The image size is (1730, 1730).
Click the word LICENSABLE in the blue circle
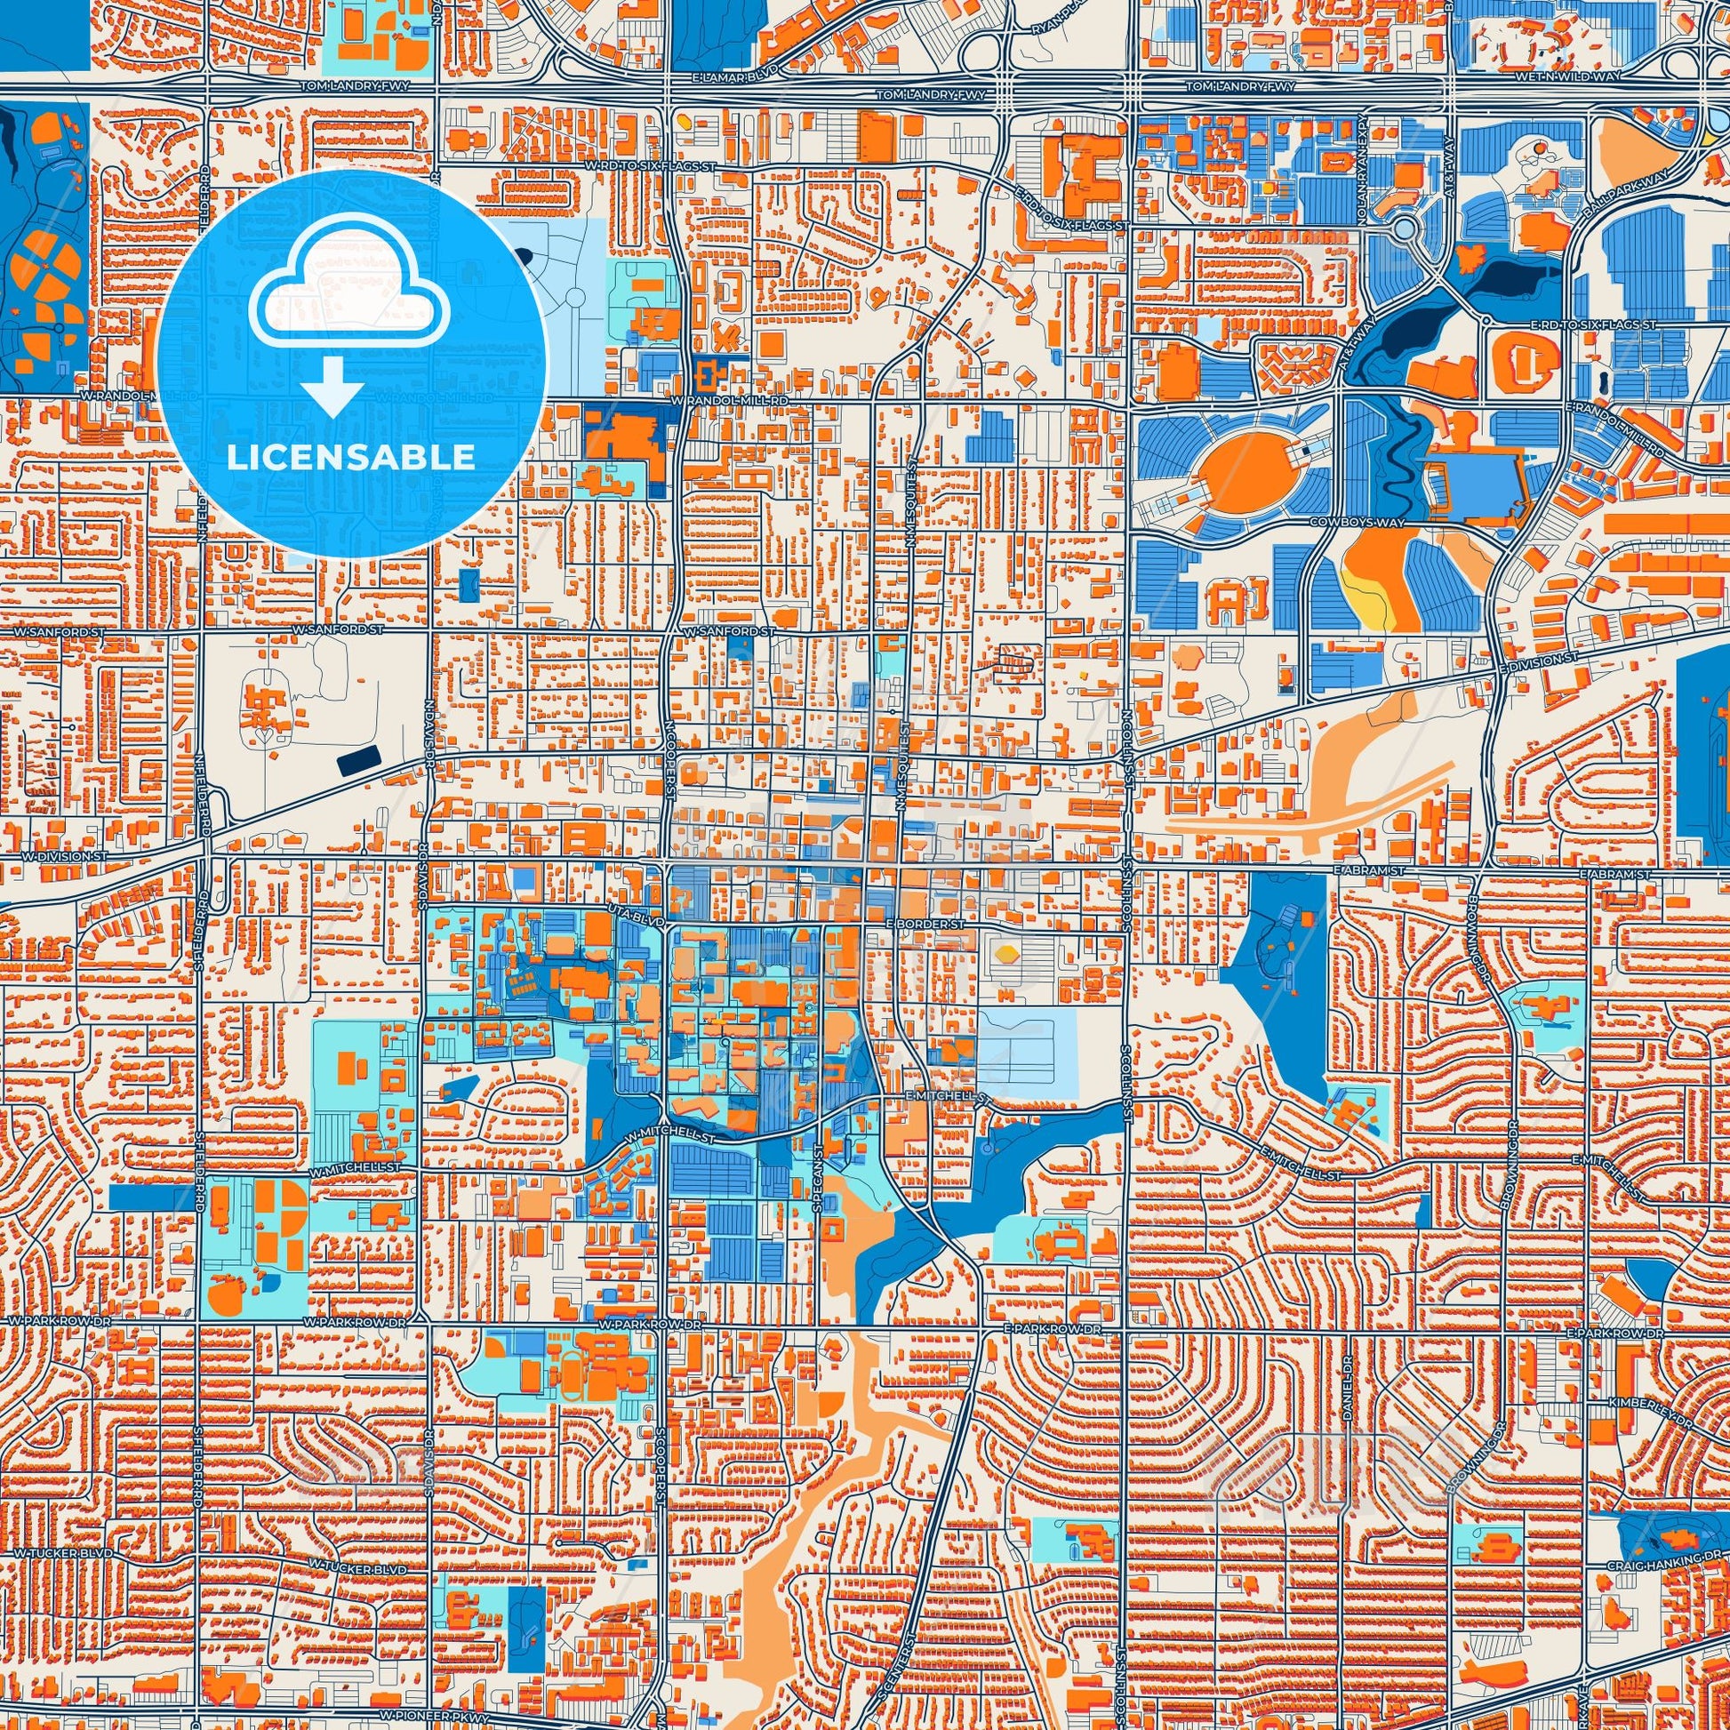pyautogui.click(x=351, y=458)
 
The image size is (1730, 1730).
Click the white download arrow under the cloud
pyautogui.click(x=332, y=386)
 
